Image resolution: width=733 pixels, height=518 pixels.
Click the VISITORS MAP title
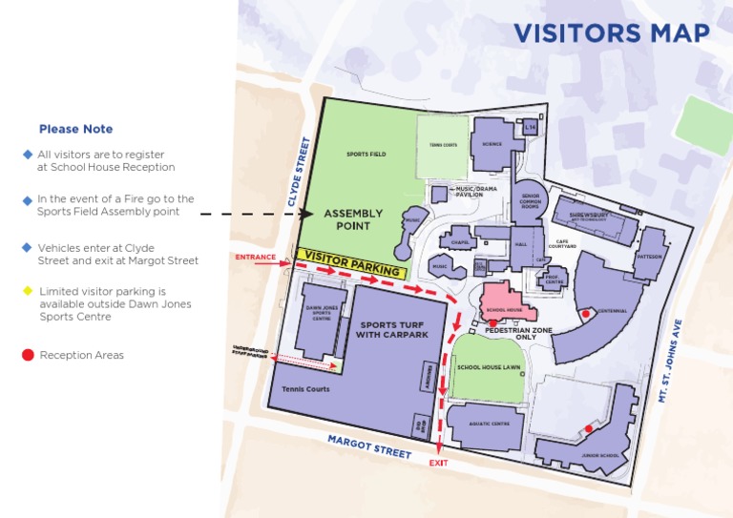click(x=611, y=32)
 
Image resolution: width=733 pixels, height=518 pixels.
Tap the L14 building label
click(x=531, y=126)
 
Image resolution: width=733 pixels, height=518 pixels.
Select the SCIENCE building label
click(x=492, y=144)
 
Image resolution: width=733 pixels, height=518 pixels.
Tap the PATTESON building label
click(x=649, y=256)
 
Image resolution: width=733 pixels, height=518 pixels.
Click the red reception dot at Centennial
click(x=584, y=313)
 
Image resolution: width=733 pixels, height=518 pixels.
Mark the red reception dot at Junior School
click(x=588, y=429)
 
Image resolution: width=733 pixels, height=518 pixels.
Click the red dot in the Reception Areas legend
click(x=28, y=356)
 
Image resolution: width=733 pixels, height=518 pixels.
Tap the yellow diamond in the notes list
click(x=28, y=290)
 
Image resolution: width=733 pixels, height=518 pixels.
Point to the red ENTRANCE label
click(x=255, y=257)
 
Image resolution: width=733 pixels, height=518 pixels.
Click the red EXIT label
click(x=438, y=463)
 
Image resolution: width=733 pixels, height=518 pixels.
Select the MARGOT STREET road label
click(x=369, y=446)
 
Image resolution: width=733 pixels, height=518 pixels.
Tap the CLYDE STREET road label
click(x=300, y=172)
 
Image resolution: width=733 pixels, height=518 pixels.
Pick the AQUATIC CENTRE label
click(x=487, y=423)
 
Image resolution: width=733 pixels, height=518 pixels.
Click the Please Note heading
click(x=75, y=129)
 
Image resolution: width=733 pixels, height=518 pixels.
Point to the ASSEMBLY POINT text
click(x=352, y=219)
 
